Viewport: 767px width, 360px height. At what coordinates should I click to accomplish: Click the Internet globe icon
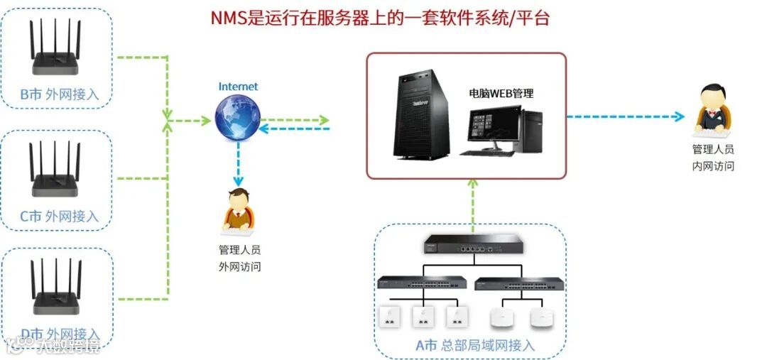pos(237,118)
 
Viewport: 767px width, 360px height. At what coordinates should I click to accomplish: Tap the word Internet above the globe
pos(238,87)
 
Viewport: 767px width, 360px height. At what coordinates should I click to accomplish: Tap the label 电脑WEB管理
pos(501,93)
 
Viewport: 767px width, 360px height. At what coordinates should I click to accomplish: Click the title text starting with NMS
pos(380,18)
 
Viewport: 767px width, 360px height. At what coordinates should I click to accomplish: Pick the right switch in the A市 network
pos(517,283)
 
